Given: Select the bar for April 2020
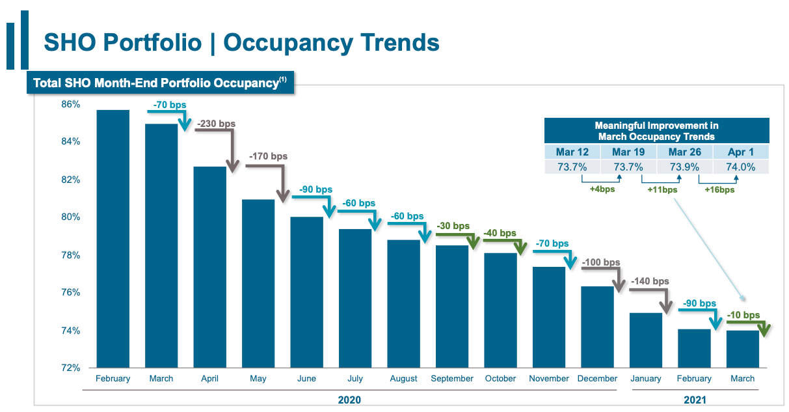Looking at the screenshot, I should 209,267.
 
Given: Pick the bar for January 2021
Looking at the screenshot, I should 646,340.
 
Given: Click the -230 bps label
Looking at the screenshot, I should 215,124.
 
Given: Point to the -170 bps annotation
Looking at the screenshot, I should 267,156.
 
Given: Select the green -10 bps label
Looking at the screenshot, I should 743,315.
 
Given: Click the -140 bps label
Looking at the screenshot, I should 649,281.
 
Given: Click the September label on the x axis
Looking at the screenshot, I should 451,378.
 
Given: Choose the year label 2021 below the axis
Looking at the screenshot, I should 695,400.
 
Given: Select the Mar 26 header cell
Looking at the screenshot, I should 684,152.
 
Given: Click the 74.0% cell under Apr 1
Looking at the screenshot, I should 741,167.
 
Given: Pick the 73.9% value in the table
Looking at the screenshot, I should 684,167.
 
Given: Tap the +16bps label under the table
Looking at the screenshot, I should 719,190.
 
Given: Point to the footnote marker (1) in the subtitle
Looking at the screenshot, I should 282,80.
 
